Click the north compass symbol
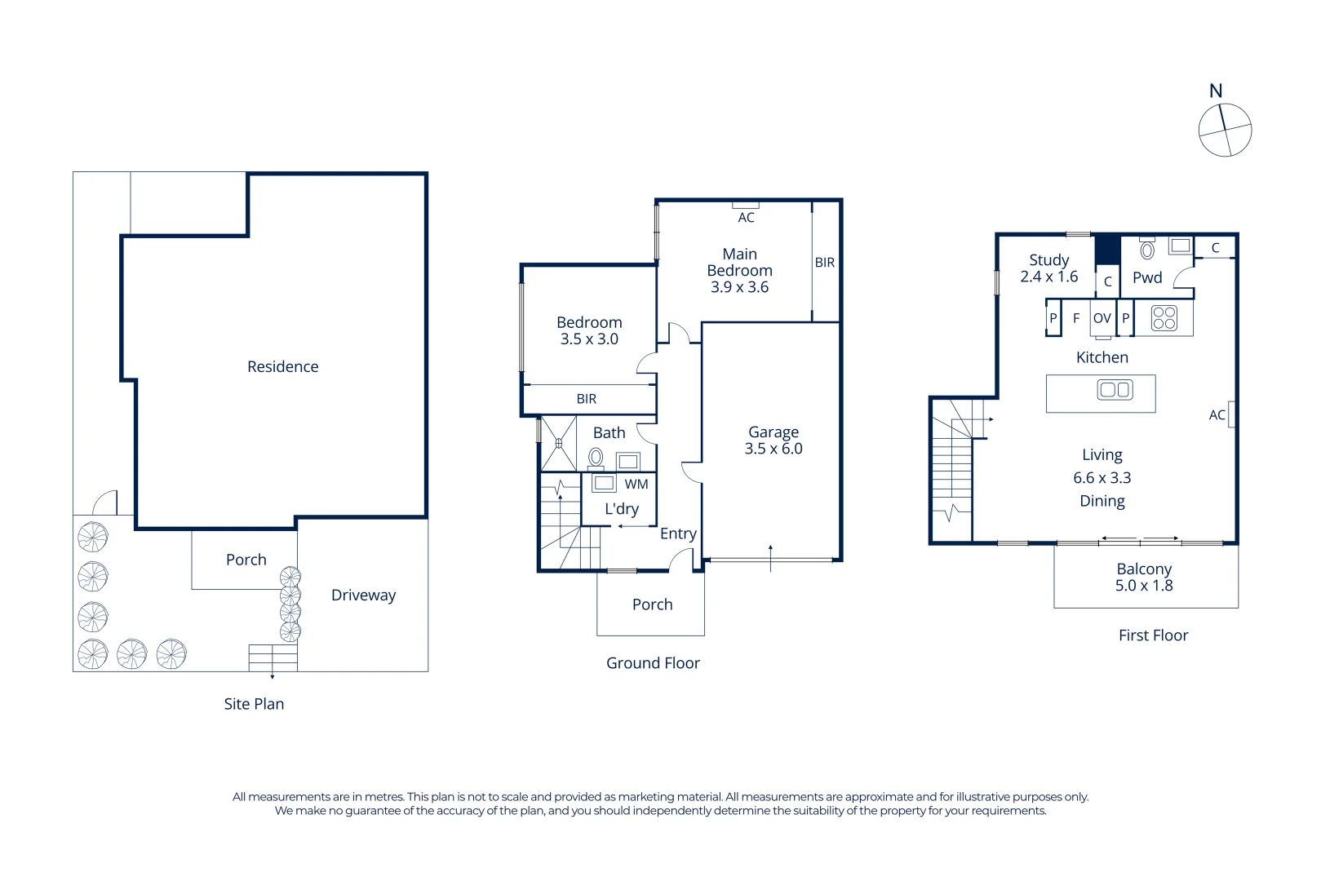[x=1224, y=130]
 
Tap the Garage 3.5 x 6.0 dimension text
[x=773, y=449]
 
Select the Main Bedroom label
[x=739, y=262]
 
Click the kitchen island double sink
[x=1114, y=390]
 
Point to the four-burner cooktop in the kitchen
[x=1164, y=318]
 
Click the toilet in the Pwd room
[x=1146, y=250]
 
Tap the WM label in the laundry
[x=636, y=484]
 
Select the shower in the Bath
[x=558, y=444]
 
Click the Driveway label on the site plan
[x=363, y=595]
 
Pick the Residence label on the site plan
[x=282, y=366]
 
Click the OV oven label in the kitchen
[x=1102, y=318]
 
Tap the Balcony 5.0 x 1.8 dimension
[x=1143, y=586]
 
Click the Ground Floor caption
[x=653, y=663]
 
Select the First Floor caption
[x=1153, y=635]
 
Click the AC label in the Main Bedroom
[x=746, y=218]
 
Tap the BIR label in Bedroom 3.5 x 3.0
[x=586, y=399]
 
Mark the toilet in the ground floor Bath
[x=596, y=458]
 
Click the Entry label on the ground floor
[x=678, y=533]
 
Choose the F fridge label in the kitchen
[x=1075, y=318]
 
